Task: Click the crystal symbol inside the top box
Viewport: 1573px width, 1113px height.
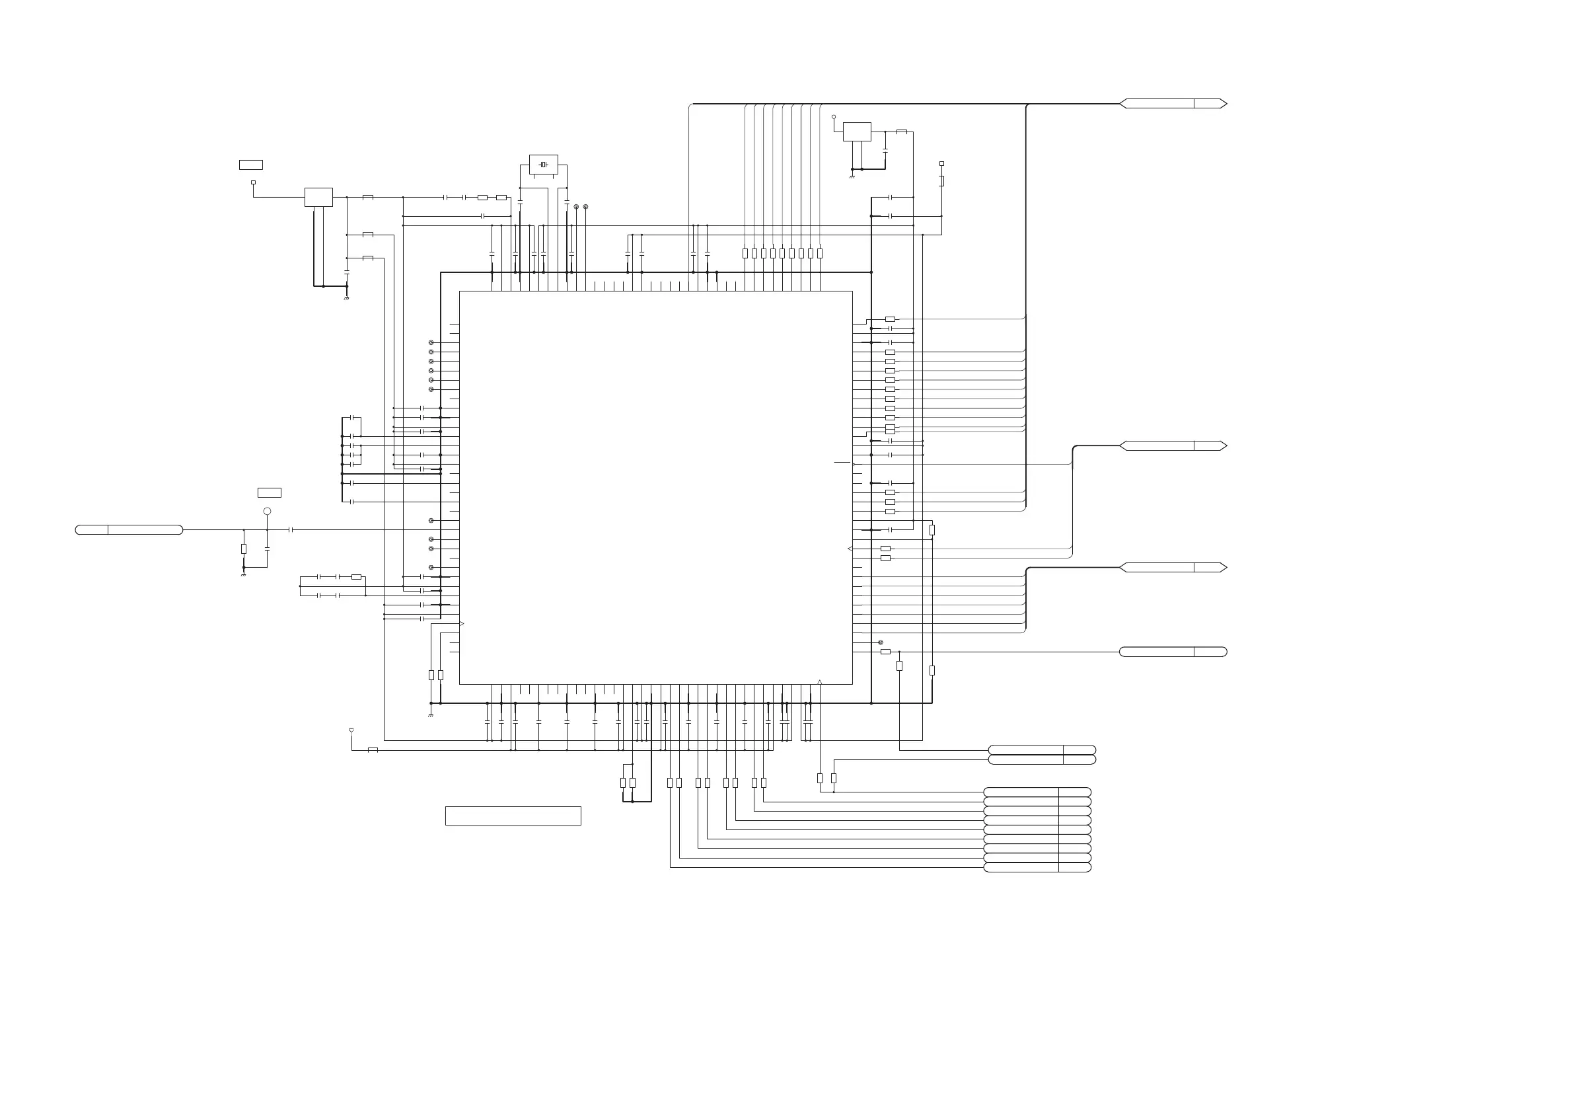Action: click(x=543, y=165)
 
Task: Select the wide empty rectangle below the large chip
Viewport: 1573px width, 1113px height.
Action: click(x=513, y=816)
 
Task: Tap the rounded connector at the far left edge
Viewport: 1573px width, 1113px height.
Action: click(x=129, y=530)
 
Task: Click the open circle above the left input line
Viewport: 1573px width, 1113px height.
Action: click(x=267, y=512)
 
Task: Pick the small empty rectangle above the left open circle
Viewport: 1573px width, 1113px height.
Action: click(x=270, y=493)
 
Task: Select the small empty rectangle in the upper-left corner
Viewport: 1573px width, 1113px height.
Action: click(x=251, y=165)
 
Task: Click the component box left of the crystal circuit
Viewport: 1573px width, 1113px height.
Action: click(x=318, y=198)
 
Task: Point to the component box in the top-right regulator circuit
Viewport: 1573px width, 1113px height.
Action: click(x=857, y=132)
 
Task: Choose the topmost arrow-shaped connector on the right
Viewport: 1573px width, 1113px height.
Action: click(x=1173, y=104)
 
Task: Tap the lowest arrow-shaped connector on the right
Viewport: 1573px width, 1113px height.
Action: click(x=1173, y=568)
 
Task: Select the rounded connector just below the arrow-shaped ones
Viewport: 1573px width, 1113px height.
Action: click(x=1173, y=652)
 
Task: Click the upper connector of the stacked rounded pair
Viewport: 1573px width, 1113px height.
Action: click(x=1041, y=749)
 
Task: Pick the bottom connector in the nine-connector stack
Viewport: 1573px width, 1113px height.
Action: click(x=1037, y=868)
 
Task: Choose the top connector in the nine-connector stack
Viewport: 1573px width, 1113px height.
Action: click(x=1037, y=792)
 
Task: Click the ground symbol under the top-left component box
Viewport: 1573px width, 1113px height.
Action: click(x=347, y=299)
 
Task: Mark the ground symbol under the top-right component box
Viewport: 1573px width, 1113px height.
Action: click(x=852, y=177)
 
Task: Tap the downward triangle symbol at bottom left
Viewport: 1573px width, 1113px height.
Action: click(x=351, y=730)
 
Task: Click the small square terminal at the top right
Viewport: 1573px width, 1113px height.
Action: click(x=941, y=164)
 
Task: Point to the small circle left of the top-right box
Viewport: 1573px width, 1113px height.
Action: click(x=834, y=117)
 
